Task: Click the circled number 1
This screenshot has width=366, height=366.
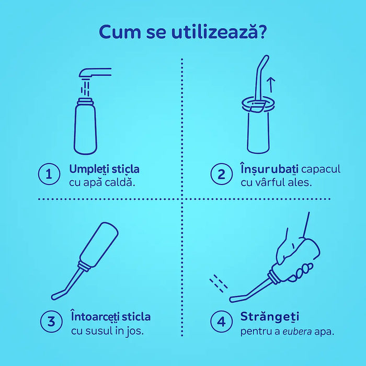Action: point(49,174)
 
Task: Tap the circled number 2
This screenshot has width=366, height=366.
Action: point(221,174)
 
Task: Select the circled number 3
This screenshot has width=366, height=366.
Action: point(51,321)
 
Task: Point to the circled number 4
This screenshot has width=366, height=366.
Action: point(221,321)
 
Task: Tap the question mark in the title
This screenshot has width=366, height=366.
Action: point(262,31)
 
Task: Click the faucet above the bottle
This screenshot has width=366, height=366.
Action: point(95,73)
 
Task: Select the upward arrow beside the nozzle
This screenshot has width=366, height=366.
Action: point(271,85)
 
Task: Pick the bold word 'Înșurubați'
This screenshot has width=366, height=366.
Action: point(269,169)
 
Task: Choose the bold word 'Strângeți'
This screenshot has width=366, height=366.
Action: point(270,317)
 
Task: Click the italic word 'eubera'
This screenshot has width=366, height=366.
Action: point(297,331)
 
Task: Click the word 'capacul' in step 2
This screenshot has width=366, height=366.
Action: point(321,169)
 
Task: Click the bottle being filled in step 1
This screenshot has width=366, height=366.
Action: point(85,127)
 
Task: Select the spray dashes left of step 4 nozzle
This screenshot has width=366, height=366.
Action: point(218,283)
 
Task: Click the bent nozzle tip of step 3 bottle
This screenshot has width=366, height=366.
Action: point(56,295)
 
